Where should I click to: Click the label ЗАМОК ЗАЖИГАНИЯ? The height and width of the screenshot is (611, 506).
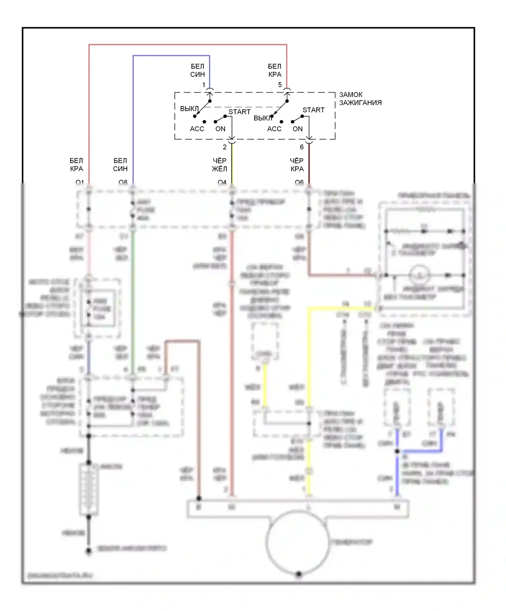(360, 99)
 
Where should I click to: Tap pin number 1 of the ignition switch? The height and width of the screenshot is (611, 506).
(204, 85)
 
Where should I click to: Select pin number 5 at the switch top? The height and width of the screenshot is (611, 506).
(280, 85)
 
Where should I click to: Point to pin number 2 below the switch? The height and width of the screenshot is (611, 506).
(225, 147)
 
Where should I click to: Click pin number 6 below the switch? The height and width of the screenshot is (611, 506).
(302, 147)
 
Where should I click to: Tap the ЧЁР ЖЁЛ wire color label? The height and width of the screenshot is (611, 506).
(219, 165)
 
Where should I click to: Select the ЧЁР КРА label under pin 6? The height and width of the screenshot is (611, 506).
(297, 165)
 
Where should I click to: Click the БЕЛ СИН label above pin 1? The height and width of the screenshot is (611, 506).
(197, 70)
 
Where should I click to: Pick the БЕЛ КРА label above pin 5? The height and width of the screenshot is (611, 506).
(275, 70)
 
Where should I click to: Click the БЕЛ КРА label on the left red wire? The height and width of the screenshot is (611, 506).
(77, 165)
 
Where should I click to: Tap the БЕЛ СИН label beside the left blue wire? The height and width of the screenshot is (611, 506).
(120, 165)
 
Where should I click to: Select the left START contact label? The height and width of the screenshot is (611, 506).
(239, 112)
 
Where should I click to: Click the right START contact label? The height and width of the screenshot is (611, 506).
(313, 110)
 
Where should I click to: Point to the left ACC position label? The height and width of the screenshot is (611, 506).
(197, 129)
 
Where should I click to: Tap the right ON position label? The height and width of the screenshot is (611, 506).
(298, 129)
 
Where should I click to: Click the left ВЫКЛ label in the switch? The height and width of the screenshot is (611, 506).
(189, 109)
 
